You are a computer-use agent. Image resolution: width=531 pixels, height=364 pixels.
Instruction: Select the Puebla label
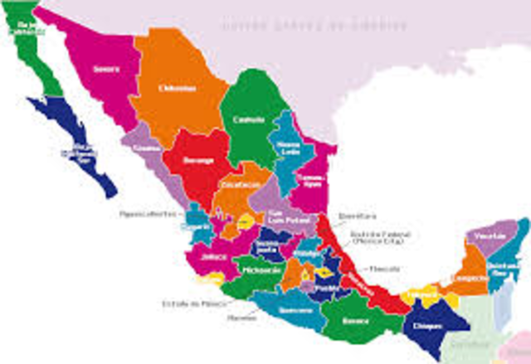click(324, 289)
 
